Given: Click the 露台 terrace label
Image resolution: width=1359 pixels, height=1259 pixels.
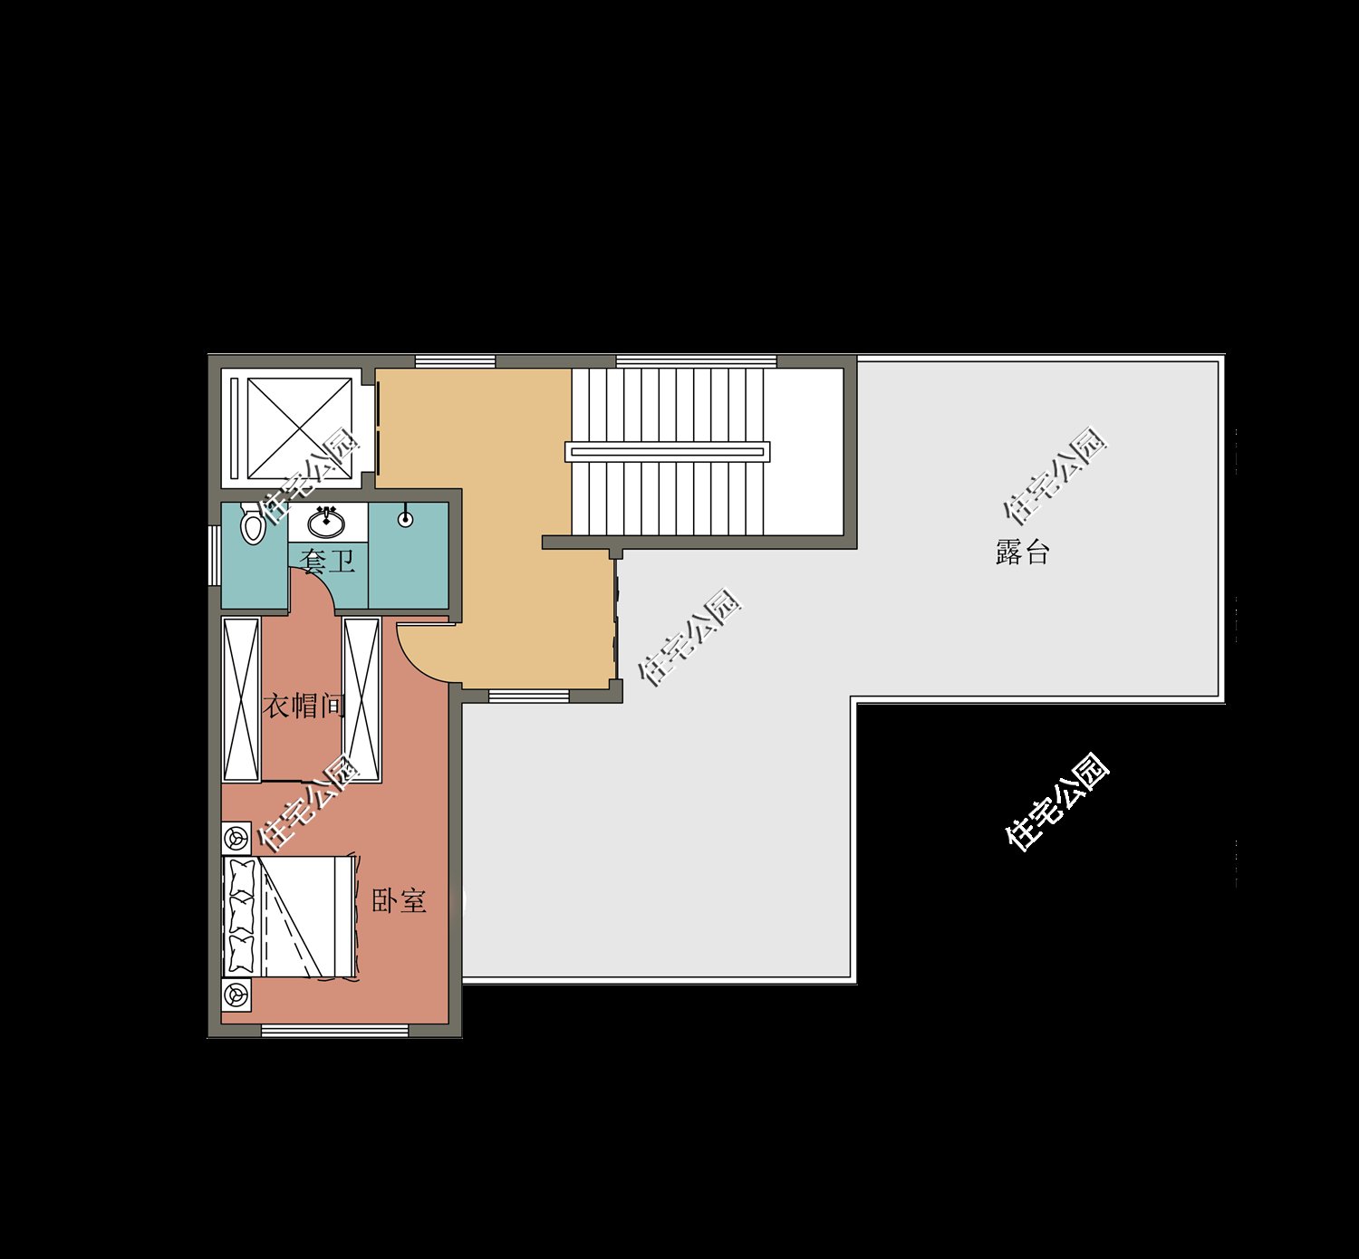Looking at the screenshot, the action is [1022, 552].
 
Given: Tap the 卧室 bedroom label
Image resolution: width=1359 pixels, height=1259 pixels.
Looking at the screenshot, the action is [399, 900].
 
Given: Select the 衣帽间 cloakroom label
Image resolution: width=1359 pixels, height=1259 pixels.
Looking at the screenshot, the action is [303, 705].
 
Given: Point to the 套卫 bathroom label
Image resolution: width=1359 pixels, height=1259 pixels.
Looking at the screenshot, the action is [327, 561].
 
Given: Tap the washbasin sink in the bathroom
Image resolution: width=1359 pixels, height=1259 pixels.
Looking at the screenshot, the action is [327, 522].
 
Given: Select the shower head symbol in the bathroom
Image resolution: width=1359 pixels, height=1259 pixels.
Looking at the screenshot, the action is [406, 518].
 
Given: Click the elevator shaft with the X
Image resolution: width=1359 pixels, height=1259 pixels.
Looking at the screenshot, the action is [299, 428].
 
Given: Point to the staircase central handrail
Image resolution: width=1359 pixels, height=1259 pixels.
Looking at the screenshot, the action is [667, 452].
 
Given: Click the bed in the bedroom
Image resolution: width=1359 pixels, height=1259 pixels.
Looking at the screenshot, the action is [289, 918].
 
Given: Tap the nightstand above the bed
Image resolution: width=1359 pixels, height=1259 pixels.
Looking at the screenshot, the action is [236, 837].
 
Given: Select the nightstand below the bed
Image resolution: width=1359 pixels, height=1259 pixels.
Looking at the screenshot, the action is [236, 995].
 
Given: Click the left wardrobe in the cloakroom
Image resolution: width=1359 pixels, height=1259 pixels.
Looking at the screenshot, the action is [242, 698].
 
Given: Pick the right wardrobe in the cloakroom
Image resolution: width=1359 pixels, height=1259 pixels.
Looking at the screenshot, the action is [361, 698].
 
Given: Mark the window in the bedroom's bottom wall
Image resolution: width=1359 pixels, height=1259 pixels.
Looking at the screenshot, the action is [335, 1031].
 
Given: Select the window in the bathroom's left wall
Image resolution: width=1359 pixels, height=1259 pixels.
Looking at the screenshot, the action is [214, 555].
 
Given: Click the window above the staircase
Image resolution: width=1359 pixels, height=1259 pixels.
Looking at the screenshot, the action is [697, 361].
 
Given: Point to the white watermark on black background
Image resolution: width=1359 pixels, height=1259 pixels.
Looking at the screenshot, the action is [1057, 802].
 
